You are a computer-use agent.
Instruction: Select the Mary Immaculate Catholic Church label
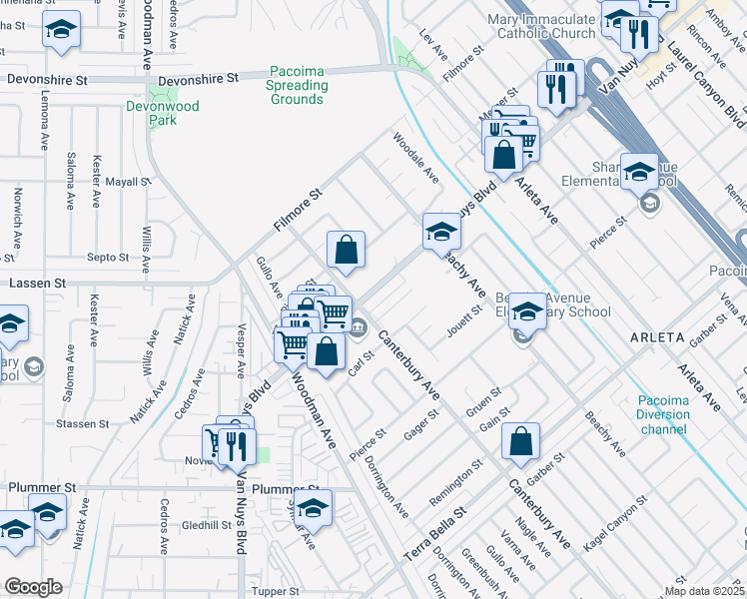pos(541,26)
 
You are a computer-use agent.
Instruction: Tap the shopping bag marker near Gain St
pos(521,444)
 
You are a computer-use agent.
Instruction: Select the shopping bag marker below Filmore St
pos(346,253)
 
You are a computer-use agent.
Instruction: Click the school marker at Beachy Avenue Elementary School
pos(526,312)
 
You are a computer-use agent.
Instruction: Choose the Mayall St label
pos(127,183)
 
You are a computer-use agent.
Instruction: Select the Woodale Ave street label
pos(415,158)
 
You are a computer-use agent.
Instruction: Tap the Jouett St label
pos(464,321)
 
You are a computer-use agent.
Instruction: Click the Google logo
pos(33,587)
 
